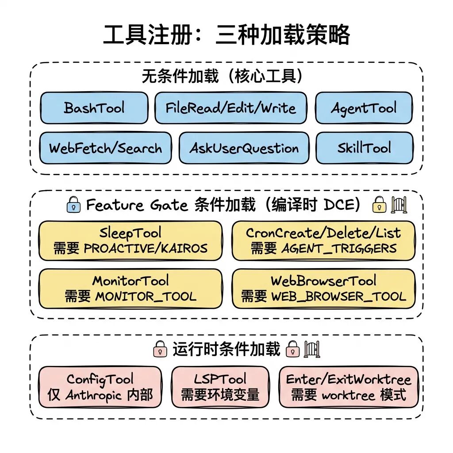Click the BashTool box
point(94,108)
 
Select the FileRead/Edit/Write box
point(230,108)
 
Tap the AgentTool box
point(364,108)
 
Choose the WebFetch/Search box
point(105,148)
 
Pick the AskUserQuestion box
point(244,148)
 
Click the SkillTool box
point(364,148)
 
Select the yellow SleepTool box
point(130,241)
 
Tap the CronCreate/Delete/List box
point(323,241)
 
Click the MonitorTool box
point(130,288)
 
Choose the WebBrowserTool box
point(323,288)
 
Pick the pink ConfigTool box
point(100,387)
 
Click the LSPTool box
point(220,387)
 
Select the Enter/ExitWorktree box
point(349,387)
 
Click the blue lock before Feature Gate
point(73,205)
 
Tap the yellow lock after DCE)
point(379,204)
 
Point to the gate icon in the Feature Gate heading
point(399,204)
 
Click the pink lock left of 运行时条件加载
point(160,349)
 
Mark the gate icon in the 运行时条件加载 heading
point(312,349)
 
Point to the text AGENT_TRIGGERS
point(339,248)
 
